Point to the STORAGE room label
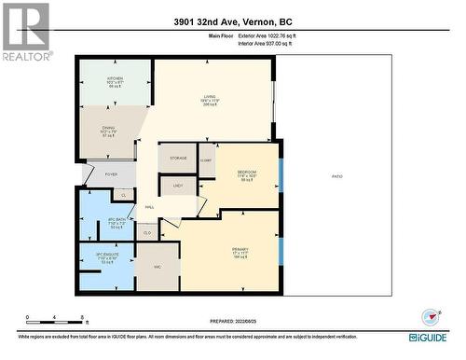(x=177, y=159)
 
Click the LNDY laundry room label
(x=177, y=186)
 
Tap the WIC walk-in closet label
(x=157, y=267)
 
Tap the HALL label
(x=149, y=207)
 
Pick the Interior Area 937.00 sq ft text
(x=279, y=44)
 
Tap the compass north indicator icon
(x=430, y=315)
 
